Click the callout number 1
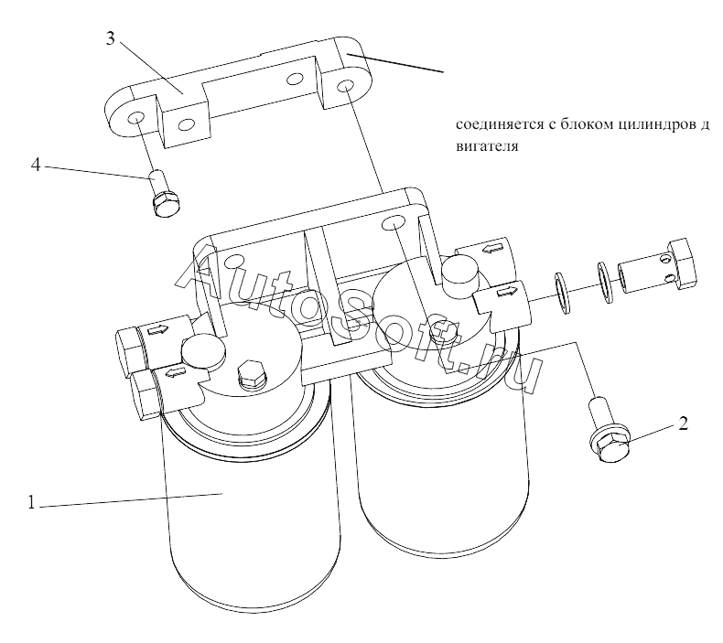tap(31, 502)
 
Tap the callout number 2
tap(683, 423)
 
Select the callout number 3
tap(110, 38)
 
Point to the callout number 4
tap(37, 165)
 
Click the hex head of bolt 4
tap(166, 205)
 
